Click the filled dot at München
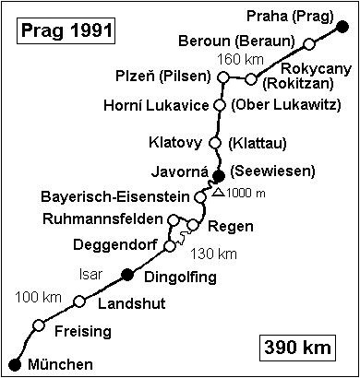[x=14, y=363]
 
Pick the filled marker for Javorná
[x=219, y=176]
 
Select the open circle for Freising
[x=39, y=325]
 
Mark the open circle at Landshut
[x=80, y=301]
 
